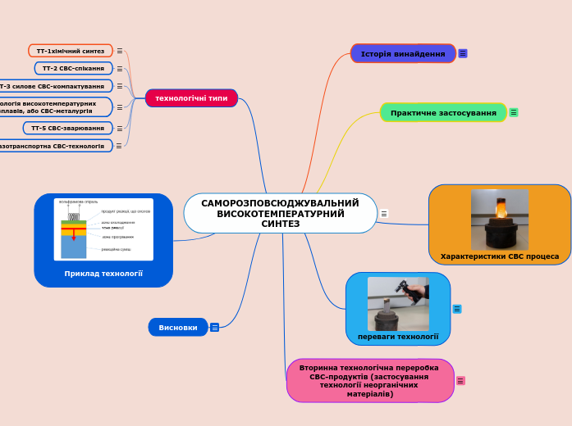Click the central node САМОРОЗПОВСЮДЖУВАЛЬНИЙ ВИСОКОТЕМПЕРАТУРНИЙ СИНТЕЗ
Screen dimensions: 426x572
[x=280, y=213]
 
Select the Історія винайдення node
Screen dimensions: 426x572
[x=403, y=54]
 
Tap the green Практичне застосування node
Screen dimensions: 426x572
[x=443, y=112]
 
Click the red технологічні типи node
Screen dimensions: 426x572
[x=191, y=98]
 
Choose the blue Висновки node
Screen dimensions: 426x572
[x=177, y=327]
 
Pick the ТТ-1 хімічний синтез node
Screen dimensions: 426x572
[x=71, y=51]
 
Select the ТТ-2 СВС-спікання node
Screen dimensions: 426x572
[x=73, y=68]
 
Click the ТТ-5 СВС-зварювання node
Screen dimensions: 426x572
[x=67, y=128]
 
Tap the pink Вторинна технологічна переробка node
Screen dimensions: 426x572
[x=369, y=381]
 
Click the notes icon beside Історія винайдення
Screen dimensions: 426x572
[x=463, y=54]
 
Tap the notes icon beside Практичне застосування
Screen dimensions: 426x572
[x=514, y=112]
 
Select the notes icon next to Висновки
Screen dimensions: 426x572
[x=214, y=327]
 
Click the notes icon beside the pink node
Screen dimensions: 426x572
[x=460, y=381]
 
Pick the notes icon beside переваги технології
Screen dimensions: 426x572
[x=456, y=309]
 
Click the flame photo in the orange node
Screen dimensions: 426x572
[x=499, y=219]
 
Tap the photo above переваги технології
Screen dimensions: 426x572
[x=398, y=303]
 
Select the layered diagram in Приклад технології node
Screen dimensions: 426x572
[x=103, y=229]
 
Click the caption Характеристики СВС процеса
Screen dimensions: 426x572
[x=499, y=256]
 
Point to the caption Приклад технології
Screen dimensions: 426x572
[x=103, y=274]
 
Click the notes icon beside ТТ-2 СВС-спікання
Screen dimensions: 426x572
[x=120, y=68]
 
